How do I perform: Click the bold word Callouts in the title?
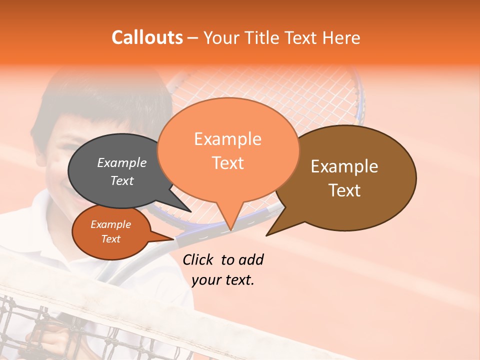coord(147,37)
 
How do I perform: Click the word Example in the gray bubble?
coord(121,163)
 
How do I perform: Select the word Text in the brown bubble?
coord(345,190)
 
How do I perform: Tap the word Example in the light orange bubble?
coord(228,139)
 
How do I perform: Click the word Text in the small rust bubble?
coord(111,239)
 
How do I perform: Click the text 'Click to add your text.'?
coord(223,269)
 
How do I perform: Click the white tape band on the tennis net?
coord(100,285)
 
